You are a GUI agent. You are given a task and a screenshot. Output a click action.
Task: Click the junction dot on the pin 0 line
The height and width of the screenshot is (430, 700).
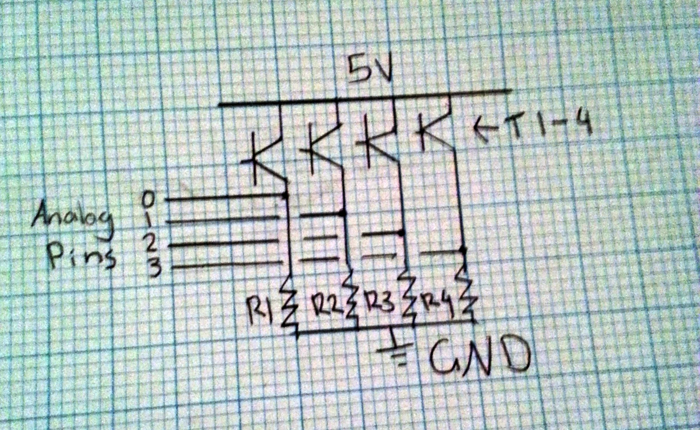point(285,195)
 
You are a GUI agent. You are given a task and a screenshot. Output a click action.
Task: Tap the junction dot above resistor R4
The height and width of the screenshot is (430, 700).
point(462,250)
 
